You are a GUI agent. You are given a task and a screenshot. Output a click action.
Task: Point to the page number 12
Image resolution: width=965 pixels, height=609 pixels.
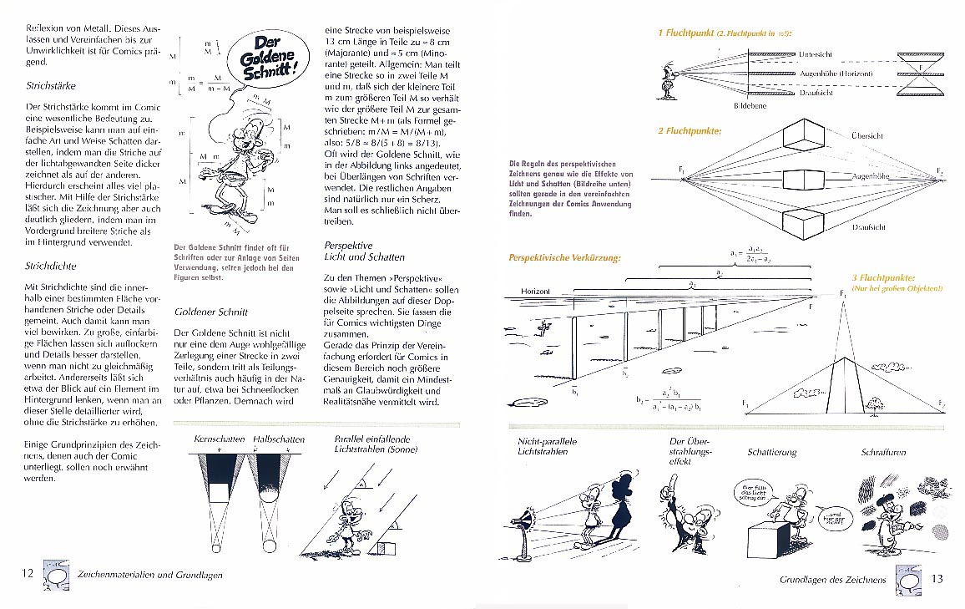28,573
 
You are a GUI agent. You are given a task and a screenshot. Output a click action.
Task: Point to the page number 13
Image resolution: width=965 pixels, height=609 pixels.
936,579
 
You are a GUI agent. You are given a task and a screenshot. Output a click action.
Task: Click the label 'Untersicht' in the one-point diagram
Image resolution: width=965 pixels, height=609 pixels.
816,54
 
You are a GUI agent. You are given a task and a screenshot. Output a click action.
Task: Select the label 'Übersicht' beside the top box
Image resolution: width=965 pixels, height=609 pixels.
867,135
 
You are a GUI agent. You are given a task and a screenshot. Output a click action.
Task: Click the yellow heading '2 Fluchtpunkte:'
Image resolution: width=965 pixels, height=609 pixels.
690,131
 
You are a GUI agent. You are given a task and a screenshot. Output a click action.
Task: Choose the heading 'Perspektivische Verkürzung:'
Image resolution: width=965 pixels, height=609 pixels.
565,257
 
